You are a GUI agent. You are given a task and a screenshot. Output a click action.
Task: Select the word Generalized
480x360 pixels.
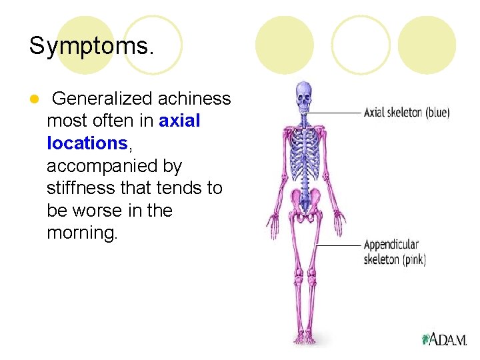[101, 99]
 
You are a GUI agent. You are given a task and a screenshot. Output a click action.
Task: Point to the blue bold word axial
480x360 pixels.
[180, 121]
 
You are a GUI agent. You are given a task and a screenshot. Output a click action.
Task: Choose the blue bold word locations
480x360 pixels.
[87, 143]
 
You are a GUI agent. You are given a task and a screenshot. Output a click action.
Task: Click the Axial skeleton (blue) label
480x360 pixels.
[407, 113]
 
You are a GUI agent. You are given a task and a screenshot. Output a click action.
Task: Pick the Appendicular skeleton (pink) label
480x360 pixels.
[395, 252]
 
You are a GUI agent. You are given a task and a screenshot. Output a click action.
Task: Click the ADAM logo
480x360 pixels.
[444, 339]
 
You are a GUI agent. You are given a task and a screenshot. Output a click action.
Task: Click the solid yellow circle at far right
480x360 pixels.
[427, 45]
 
